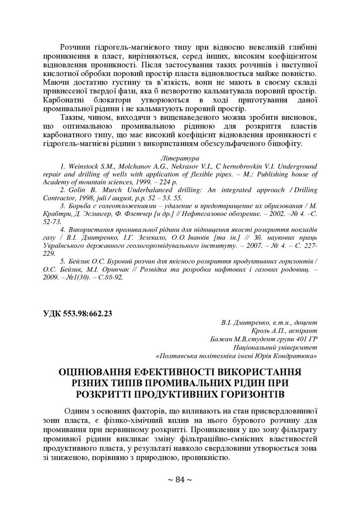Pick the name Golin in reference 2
pos(78,190)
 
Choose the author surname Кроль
pos(264,331)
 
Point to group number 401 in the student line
pos(295,339)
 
